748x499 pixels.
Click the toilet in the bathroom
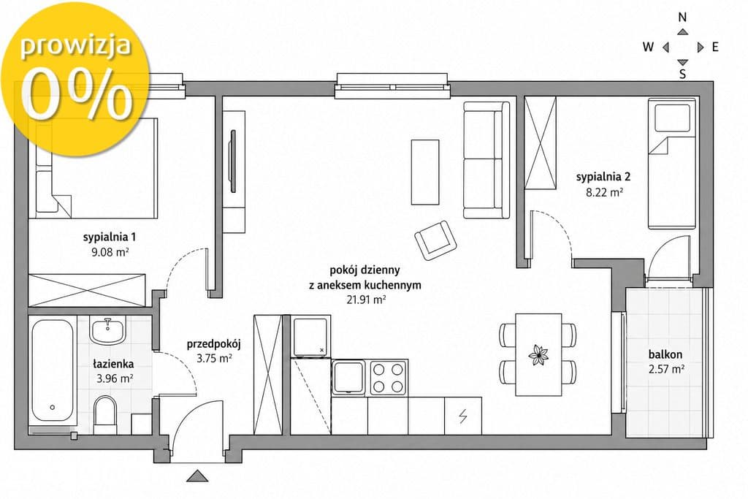click(105, 416)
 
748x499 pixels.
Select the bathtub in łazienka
click(53, 370)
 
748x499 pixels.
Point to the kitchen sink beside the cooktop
click(348, 377)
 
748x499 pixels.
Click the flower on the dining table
click(538, 355)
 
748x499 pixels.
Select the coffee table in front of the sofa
click(425, 172)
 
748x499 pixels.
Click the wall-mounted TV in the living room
click(233, 161)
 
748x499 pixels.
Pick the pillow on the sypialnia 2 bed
click(673, 118)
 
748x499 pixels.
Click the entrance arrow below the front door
click(197, 476)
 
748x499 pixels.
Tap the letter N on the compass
click(683, 18)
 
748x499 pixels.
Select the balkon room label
click(665, 354)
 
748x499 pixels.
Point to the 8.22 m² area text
click(604, 192)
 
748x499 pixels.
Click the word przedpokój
click(214, 344)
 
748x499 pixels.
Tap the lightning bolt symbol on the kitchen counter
click(462, 416)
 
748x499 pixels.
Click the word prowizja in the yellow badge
click(75, 46)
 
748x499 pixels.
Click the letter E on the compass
click(715, 47)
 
